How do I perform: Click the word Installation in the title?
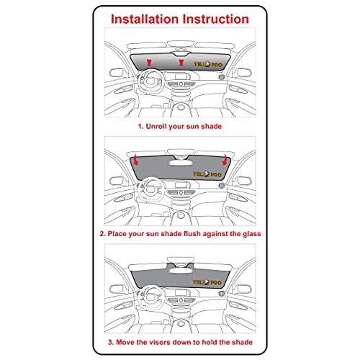145,19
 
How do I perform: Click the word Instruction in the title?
216,19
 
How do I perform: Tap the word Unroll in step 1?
156,126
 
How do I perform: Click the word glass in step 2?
252,234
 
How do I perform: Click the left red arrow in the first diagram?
149,63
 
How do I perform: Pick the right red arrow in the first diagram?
181,63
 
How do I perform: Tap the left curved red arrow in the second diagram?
136,160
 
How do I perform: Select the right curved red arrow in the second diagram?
225,160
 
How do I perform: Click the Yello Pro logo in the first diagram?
208,64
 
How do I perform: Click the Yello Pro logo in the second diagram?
207,174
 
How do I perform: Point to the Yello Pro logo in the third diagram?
207,282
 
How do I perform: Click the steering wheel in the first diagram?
151,81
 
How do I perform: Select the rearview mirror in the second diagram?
181,163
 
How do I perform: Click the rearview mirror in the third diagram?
181,271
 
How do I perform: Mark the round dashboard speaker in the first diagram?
221,77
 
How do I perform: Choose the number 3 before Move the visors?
110,342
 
